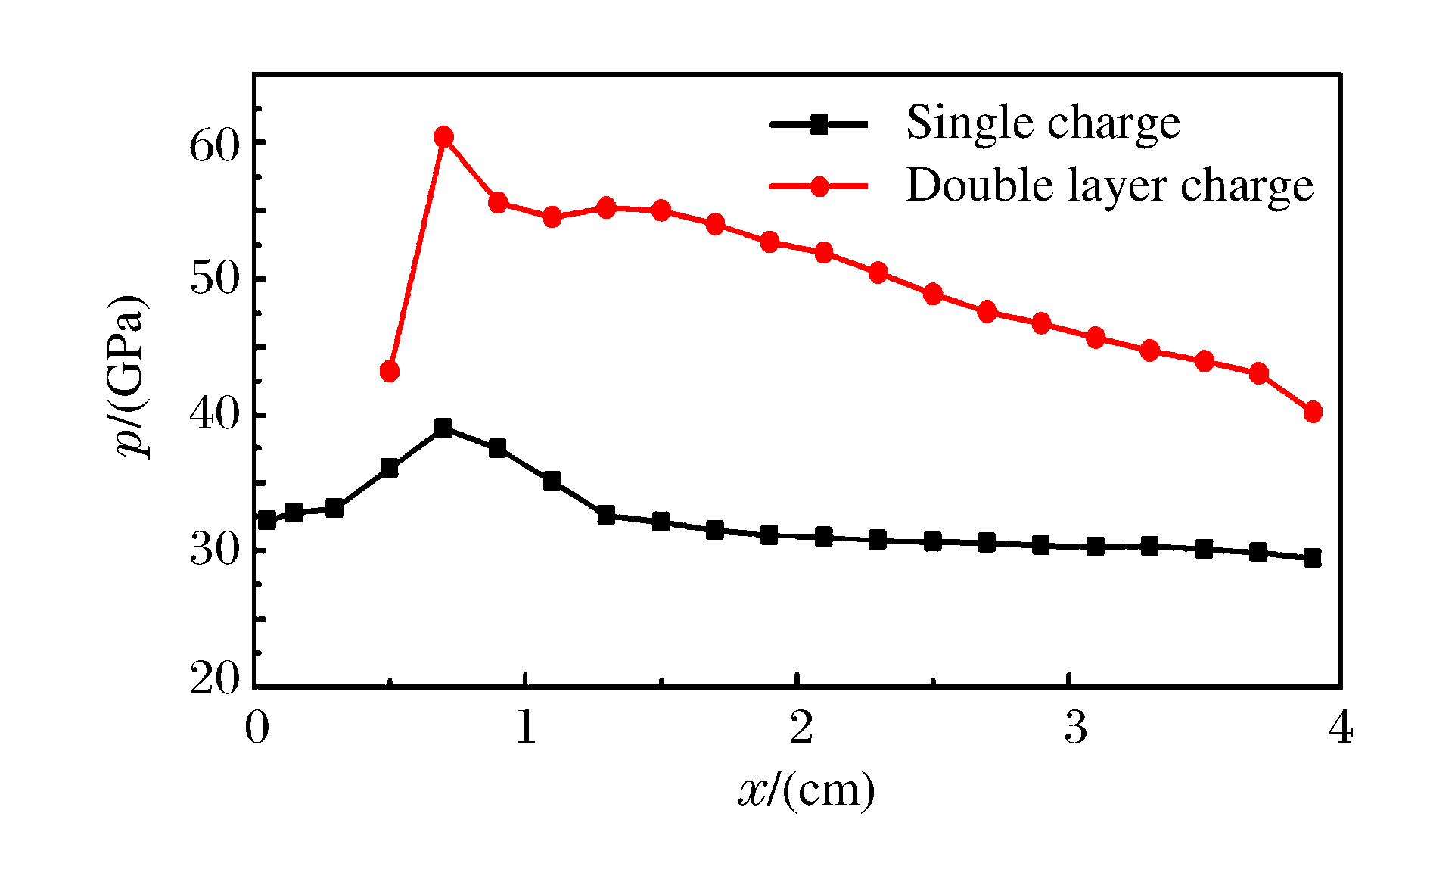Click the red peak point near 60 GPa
[444, 137]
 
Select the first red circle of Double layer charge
[390, 371]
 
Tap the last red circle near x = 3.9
[1313, 412]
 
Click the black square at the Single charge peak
[444, 428]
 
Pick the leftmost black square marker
[266, 520]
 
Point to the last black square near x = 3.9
[1313, 559]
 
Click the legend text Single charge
[1043, 123]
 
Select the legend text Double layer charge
[1109, 185]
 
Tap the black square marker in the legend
[819, 124]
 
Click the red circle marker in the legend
[819, 186]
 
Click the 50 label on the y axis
[214, 279]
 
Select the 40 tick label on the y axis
[214, 416]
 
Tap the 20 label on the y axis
[214, 679]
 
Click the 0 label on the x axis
[256, 728]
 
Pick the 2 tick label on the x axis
[801, 728]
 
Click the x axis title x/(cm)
[807, 791]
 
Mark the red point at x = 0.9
[498, 202]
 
